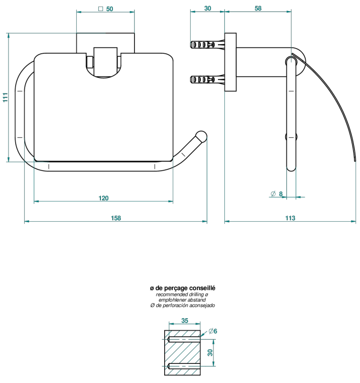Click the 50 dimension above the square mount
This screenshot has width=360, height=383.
pos(109,9)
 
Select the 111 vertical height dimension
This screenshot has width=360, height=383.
pos(6,97)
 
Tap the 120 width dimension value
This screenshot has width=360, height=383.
pos(103,198)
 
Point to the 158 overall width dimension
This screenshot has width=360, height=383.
pos(116,218)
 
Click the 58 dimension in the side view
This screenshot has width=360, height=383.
pos(258,9)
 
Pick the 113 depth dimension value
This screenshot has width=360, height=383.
pos(290,218)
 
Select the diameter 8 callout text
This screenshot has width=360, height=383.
pos(277,194)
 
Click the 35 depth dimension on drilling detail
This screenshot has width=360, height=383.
pos(185,321)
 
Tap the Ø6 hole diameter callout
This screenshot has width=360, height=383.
pos(213,331)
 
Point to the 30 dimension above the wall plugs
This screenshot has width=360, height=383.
pos(207,9)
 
